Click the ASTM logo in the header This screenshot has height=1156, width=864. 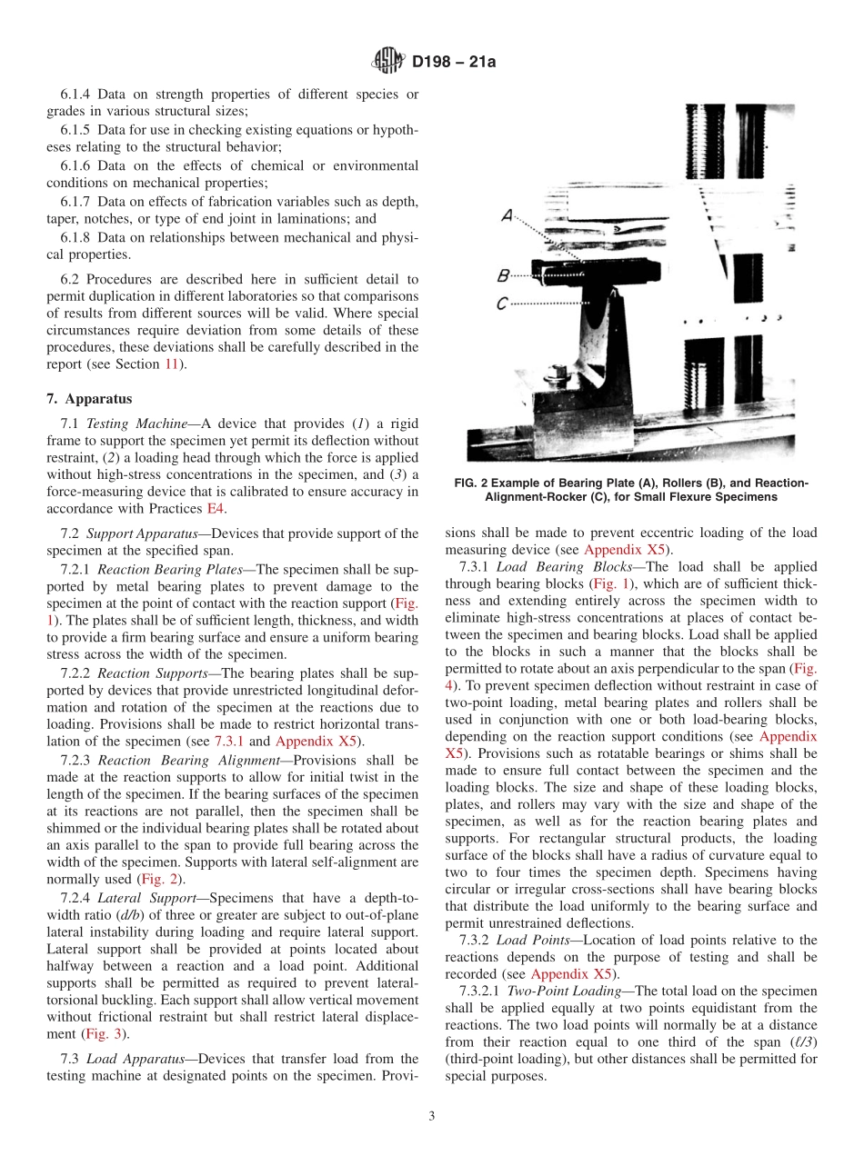(389, 63)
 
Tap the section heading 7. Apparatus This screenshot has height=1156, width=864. (89, 398)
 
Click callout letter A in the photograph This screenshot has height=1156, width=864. (507, 215)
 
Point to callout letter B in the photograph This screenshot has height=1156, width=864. (503, 274)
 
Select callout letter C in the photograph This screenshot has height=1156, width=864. (502, 304)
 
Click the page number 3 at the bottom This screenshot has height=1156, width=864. (432, 1117)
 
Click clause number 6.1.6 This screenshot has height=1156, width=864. (75, 165)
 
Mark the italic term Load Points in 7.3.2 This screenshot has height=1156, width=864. (529, 939)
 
